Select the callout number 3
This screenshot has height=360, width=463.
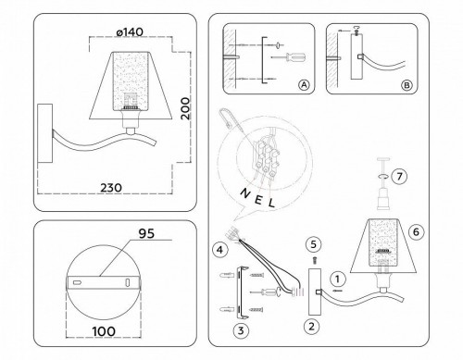pyautogui.click(x=238, y=328)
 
